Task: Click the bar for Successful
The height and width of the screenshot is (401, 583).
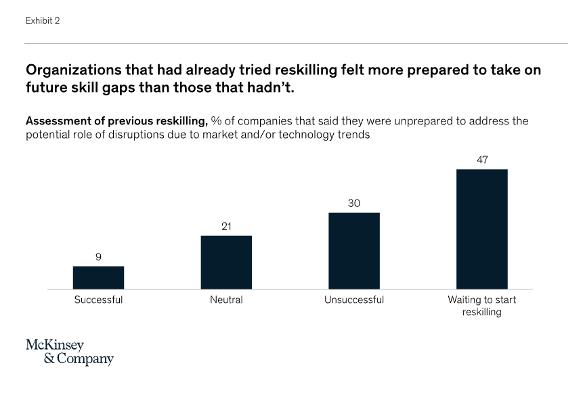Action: (x=98, y=277)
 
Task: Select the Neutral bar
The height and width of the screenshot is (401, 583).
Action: (x=226, y=262)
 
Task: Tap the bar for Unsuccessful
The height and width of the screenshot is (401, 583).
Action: (x=354, y=251)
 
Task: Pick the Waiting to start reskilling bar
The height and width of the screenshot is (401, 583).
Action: (x=481, y=229)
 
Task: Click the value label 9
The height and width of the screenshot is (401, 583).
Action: (x=98, y=257)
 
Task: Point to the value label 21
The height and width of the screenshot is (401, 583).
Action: (x=226, y=227)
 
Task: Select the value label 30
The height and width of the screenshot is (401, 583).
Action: (x=354, y=203)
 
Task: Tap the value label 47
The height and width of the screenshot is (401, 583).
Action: (x=481, y=160)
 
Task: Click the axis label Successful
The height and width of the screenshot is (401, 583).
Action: (x=98, y=300)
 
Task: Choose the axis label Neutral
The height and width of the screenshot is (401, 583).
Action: (x=226, y=300)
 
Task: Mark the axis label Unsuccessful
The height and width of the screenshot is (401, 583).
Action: (x=354, y=300)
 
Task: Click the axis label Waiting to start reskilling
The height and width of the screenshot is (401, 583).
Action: (x=481, y=306)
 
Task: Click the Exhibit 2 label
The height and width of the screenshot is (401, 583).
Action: (x=43, y=21)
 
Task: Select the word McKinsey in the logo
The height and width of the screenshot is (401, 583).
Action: (x=55, y=345)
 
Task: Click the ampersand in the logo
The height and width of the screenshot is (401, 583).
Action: (x=49, y=359)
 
